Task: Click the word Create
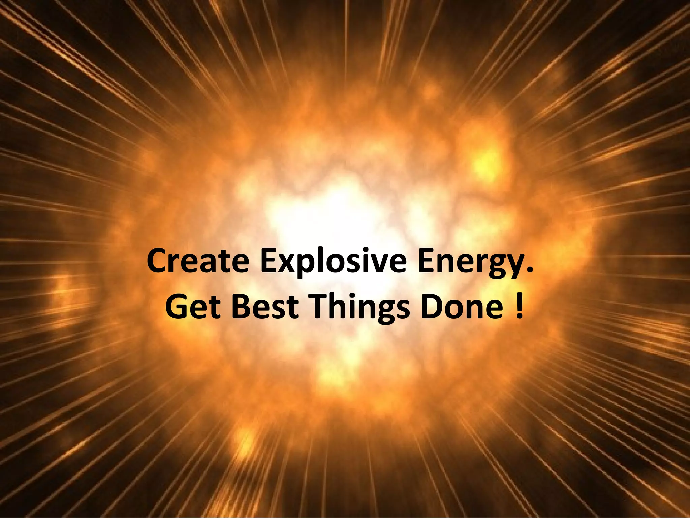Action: (198, 261)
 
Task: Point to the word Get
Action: (193, 306)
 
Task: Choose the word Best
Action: (265, 306)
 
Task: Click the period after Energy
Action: (530, 270)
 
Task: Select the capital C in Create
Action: (158, 261)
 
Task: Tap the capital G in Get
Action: (177, 306)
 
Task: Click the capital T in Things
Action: (320, 306)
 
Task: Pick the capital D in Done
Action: (433, 306)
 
